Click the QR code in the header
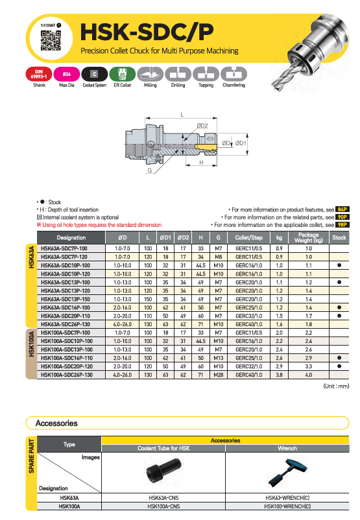(x=51, y=40)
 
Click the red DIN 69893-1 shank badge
(x=39, y=74)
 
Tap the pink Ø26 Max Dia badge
(x=67, y=74)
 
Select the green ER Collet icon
(x=123, y=74)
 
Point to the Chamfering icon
(x=234, y=74)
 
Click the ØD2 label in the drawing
(x=202, y=126)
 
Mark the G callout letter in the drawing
(x=150, y=171)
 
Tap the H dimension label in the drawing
(x=201, y=163)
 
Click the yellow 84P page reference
(x=342, y=209)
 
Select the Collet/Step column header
(x=249, y=238)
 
